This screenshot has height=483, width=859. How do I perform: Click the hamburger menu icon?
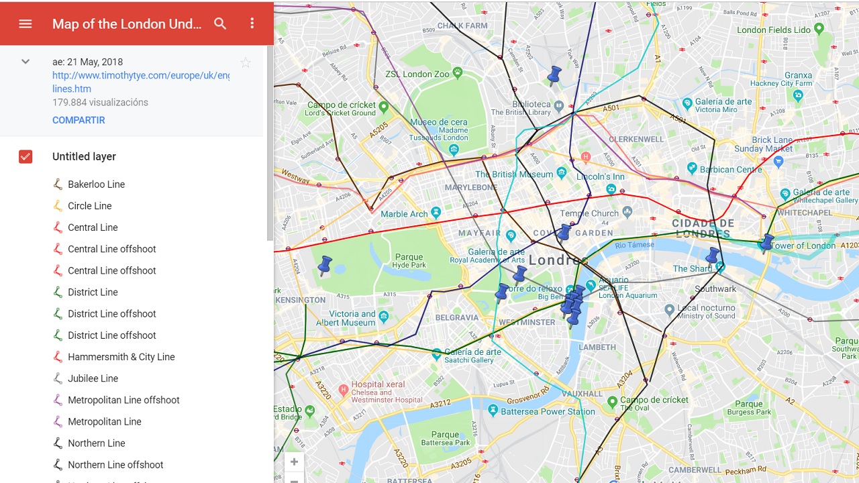click(26, 23)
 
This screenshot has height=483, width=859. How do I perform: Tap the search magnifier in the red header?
click(220, 23)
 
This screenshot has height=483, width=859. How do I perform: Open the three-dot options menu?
click(252, 23)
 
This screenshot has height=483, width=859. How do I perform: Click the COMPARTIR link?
click(79, 120)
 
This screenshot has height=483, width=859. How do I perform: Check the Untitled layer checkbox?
click(26, 156)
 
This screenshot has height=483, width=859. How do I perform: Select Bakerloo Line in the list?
click(96, 184)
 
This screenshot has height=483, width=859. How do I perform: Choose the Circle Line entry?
click(89, 206)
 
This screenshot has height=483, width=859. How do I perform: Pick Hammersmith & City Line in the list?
click(121, 357)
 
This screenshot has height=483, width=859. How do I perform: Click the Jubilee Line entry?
click(93, 378)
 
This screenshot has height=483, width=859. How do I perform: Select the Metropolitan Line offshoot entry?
click(123, 400)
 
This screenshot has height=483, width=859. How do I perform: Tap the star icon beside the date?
click(246, 62)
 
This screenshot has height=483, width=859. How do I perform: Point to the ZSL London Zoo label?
click(417, 74)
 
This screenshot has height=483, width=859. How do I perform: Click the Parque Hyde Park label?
click(409, 260)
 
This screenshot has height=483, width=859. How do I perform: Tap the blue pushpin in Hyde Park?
click(325, 266)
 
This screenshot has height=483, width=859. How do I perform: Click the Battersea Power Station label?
click(548, 411)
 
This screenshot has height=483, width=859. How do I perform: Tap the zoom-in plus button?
click(294, 462)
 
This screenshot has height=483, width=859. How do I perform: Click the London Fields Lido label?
click(774, 30)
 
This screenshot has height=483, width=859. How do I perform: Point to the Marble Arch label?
click(404, 214)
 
